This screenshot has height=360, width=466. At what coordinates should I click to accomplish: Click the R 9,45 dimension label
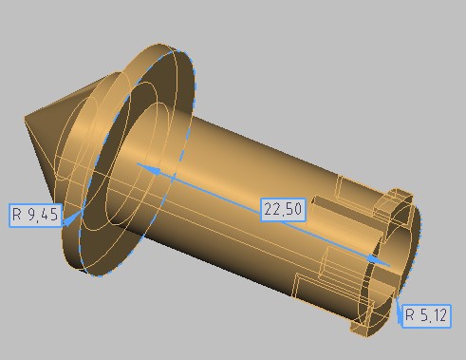pos(35,216)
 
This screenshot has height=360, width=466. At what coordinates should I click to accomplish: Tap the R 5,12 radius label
pos(426,315)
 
